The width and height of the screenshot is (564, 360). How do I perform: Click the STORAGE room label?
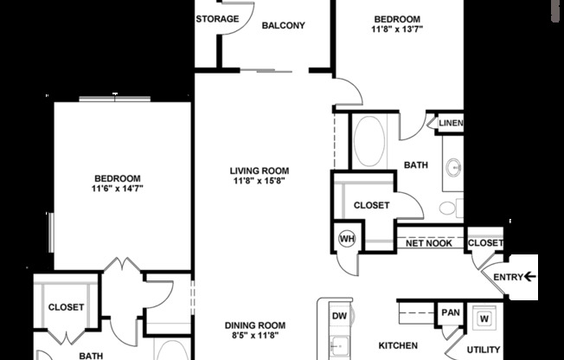pyautogui.click(x=216, y=19)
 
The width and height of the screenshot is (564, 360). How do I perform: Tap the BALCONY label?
pyautogui.click(x=283, y=26)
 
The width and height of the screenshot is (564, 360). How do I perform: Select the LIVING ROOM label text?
pyautogui.click(x=259, y=170)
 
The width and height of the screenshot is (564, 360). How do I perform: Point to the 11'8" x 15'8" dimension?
pyautogui.click(x=259, y=182)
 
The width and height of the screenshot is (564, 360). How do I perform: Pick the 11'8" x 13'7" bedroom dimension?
pyautogui.click(x=396, y=29)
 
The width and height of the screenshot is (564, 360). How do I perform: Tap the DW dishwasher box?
pyautogui.click(x=340, y=316)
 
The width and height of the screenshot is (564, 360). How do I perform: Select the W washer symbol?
pyautogui.click(x=484, y=316)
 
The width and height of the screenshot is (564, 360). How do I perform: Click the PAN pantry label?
pyautogui.click(x=450, y=312)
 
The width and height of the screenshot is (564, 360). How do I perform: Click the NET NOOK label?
pyautogui.click(x=429, y=243)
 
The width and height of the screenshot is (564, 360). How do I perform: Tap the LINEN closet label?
pyautogui.click(x=451, y=124)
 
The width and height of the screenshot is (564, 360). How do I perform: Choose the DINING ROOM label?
pyautogui.click(x=255, y=325)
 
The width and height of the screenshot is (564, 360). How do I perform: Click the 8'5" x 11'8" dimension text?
pyautogui.click(x=255, y=337)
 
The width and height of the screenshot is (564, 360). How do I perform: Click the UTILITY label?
pyautogui.click(x=483, y=349)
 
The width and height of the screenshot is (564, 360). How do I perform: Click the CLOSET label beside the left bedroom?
pyautogui.click(x=66, y=307)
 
